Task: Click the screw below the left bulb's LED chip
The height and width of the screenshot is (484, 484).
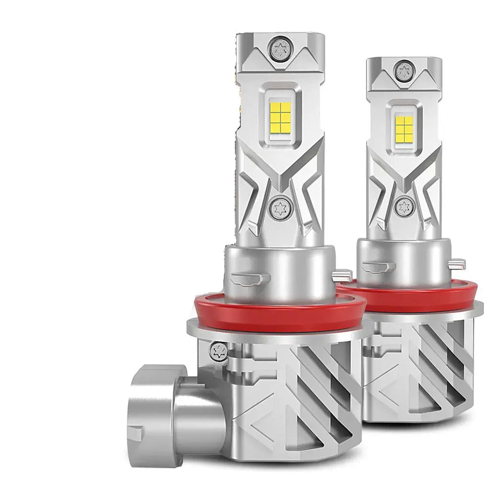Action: pyautogui.click(x=278, y=207)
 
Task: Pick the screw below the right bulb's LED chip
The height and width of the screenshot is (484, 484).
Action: pyautogui.click(x=403, y=207)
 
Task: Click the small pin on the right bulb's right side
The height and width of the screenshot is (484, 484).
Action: pyautogui.click(x=459, y=263)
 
